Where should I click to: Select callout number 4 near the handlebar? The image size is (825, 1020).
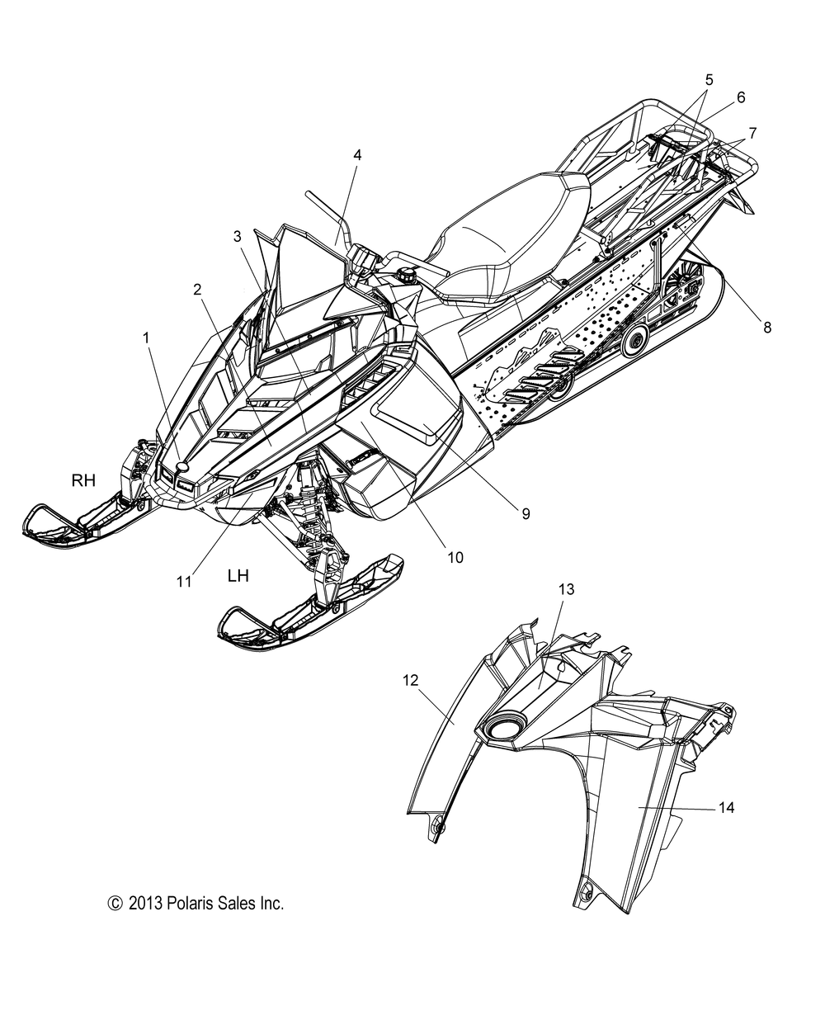(x=357, y=154)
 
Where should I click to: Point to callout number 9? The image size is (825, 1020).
(x=525, y=512)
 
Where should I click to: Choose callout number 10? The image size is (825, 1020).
(x=455, y=557)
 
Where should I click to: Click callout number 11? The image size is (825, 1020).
(x=184, y=581)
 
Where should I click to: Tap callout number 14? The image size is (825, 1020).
(x=725, y=808)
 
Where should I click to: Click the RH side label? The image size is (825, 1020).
(x=83, y=480)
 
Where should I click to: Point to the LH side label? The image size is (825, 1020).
(x=238, y=575)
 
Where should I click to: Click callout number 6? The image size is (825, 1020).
(x=740, y=97)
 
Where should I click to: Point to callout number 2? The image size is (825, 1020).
(x=197, y=289)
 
